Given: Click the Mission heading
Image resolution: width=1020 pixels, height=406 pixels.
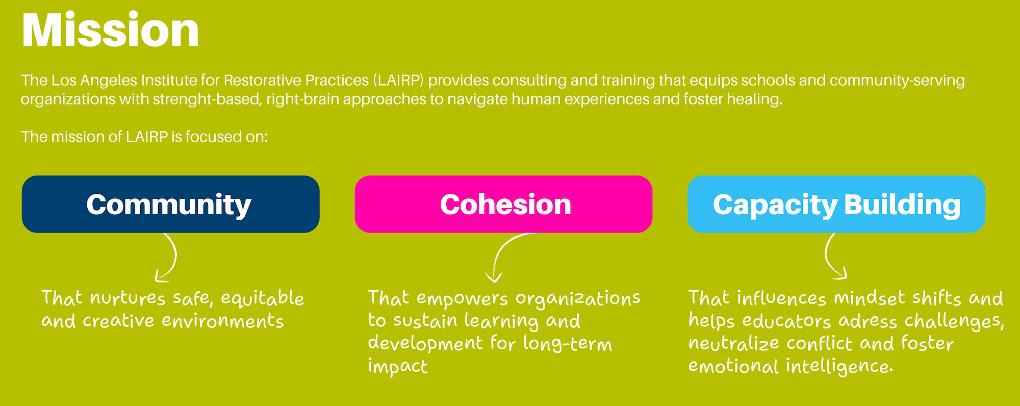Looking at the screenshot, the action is click(110, 30).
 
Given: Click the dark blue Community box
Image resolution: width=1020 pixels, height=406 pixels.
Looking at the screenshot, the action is click(171, 204).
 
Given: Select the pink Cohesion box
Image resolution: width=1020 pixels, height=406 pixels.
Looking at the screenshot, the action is click(503, 204).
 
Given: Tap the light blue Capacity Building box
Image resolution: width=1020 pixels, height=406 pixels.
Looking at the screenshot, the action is click(836, 204).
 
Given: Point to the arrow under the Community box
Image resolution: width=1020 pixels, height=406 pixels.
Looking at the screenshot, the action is click(175, 255).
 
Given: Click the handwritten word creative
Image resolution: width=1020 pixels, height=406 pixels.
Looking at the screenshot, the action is click(118, 321).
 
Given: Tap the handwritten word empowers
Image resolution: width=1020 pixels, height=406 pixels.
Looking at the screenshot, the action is click(462, 299).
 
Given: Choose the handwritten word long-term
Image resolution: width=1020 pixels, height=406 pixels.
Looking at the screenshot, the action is click(567, 344).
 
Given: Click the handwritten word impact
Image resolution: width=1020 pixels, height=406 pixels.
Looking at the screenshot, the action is click(398, 366).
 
